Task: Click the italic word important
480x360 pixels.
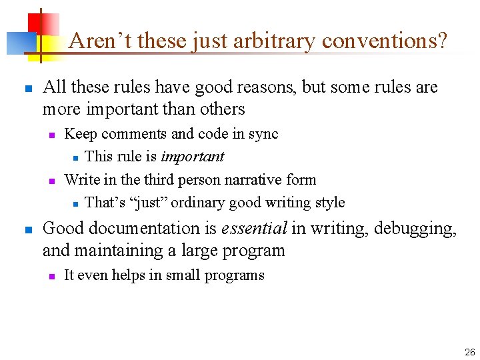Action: click(x=191, y=157)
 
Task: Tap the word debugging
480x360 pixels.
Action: click(x=416, y=229)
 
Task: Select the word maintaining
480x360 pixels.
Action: click(x=119, y=251)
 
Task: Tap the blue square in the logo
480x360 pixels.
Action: click(x=18, y=43)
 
